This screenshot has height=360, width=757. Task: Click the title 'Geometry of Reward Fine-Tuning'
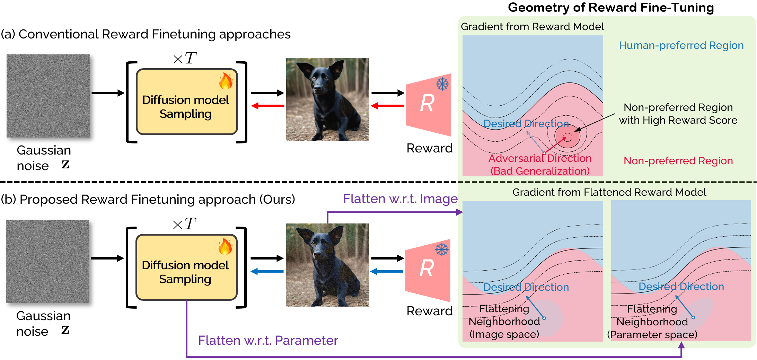click(610, 8)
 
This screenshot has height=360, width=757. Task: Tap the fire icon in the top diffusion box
click(226, 81)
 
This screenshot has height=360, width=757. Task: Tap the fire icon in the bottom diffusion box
click(225, 247)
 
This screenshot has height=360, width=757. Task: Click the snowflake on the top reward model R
click(442, 84)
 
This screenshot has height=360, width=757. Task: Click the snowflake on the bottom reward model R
click(442, 249)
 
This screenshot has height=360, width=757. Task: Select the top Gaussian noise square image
click(48, 96)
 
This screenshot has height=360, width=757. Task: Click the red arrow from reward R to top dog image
click(387, 106)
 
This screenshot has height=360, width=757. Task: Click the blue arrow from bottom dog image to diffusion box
click(267, 271)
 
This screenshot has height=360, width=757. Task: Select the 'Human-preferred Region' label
click(681, 45)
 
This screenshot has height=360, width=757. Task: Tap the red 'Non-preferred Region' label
click(678, 161)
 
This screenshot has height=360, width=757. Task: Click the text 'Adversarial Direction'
click(540, 158)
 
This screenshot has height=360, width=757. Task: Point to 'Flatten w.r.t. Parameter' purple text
click(268, 341)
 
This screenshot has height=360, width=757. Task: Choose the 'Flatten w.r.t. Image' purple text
click(400, 199)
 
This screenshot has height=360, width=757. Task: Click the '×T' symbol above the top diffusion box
click(185, 58)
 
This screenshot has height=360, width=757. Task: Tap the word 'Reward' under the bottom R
click(429, 311)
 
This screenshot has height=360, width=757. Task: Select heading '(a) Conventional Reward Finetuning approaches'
click(146, 34)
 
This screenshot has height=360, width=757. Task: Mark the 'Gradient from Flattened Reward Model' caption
click(609, 192)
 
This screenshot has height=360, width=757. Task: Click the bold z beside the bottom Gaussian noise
click(65, 330)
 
